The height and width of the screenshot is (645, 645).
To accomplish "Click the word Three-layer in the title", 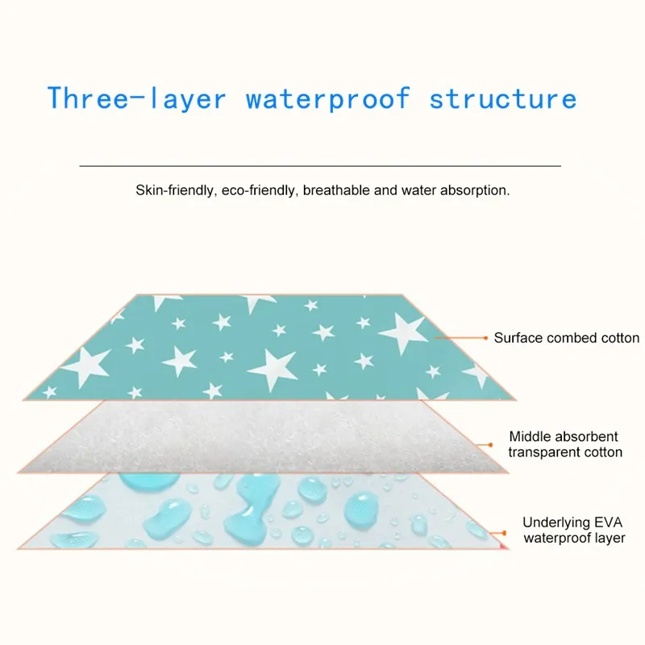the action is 135,99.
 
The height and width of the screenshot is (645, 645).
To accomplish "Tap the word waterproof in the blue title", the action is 327,99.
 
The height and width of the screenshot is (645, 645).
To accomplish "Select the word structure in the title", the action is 503,99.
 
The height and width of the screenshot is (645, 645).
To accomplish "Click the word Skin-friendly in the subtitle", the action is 172,192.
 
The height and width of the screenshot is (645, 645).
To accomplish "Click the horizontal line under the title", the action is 320,165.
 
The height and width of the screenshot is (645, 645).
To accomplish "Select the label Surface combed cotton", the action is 567,338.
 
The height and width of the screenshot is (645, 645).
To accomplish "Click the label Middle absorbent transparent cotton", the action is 565,444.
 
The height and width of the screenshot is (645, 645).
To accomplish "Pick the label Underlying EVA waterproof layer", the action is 574,530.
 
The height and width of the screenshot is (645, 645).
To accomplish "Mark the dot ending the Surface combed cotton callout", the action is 485,338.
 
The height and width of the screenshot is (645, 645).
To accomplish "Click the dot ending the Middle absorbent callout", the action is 490,444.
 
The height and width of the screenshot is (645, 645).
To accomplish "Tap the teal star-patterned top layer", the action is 266,347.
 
